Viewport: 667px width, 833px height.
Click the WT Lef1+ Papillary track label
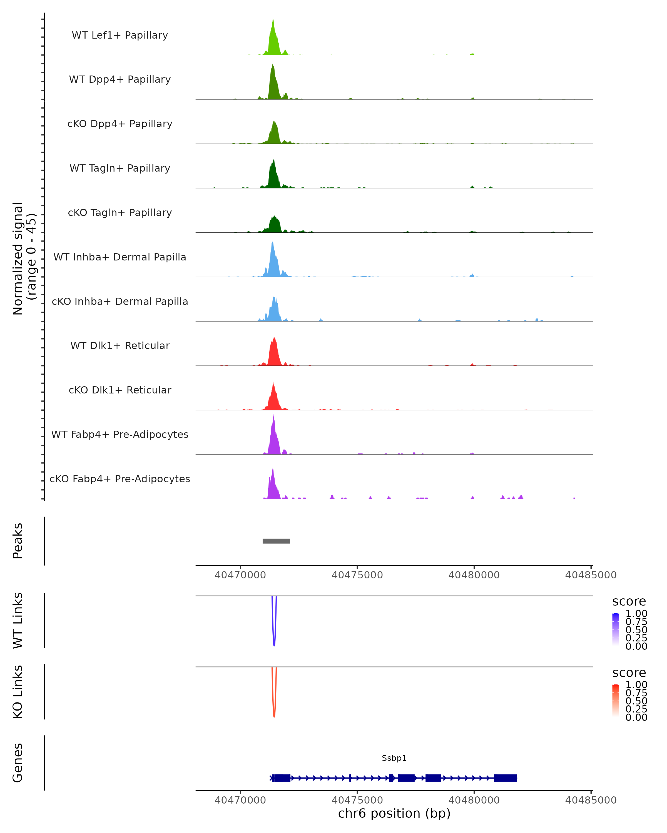(120, 35)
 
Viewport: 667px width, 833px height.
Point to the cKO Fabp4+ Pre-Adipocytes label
(120, 479)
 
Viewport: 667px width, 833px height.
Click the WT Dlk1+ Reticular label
(120, 346)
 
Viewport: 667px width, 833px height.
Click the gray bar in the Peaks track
(276, 541)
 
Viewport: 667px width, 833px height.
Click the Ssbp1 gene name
(394, 758)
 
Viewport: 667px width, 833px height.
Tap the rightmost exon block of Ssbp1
(505, 778)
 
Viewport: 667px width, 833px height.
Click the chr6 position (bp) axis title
(394, 814)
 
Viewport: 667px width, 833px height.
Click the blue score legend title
(629, 602)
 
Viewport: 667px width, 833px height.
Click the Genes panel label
(18, 763)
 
